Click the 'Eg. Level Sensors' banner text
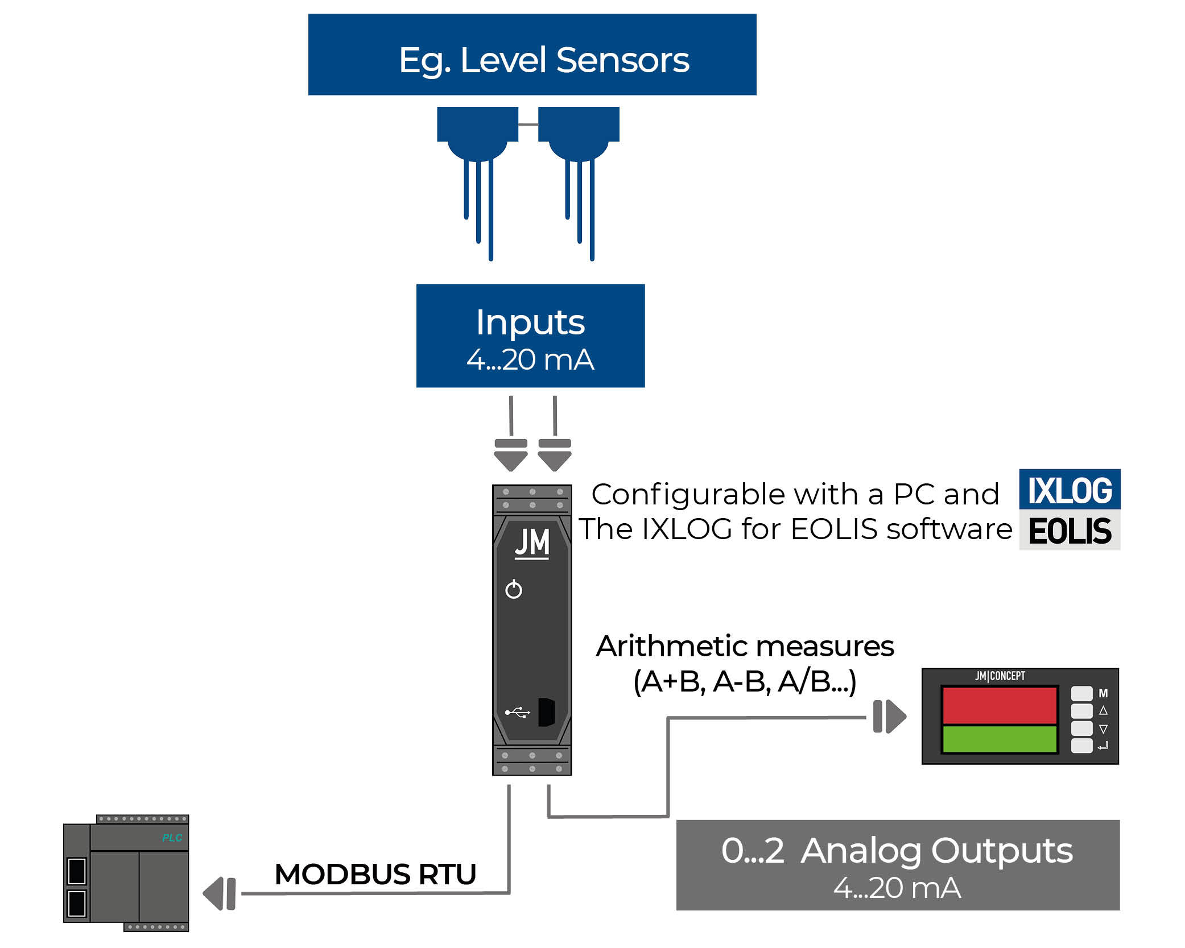[x=543, y=60]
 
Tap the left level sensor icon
[x=477, y=136]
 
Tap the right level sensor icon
[x=579, y=136]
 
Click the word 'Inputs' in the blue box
[x=530, y=322]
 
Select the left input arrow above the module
[x=511, y=455]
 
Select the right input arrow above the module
[x=555, y=455]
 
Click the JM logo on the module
[x=532, y=543]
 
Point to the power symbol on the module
[x=514, y=590]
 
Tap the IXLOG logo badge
[x=1070, y=490]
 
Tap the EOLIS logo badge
[x=1070, y=531]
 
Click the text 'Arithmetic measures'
[x=745, y=647]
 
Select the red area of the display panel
[x=1000, y=705]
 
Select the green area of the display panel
[x=1000, y=739]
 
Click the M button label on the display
[x=1103, y=693]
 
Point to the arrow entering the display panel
[x=890, y=717]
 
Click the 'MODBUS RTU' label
[x=375, y=874]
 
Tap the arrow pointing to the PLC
[x=219, y=893]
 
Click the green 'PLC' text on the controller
[x=172, y=838]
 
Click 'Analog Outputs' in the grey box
[x=936, y=851]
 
